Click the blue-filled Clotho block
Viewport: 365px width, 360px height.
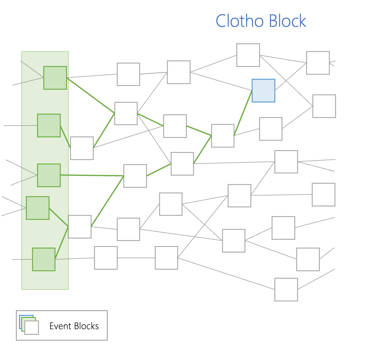pos(263,91)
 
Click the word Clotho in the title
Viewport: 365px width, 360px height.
pos(239,21)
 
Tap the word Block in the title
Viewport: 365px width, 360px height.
pos(287,21)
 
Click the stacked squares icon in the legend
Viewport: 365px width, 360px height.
pos(29,325)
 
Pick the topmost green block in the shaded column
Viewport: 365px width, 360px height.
pos(55,78)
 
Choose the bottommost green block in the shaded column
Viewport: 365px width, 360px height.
pos(44,259)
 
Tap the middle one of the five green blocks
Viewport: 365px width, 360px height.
pos(49,175)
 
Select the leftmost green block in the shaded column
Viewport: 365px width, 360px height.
pos(38,208)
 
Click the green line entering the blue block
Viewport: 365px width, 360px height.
pos(243,113)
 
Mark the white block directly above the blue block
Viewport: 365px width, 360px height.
pos(248,55)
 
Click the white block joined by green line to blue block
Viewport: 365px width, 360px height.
pos(223,136)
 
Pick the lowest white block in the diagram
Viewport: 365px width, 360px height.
pos(286,290)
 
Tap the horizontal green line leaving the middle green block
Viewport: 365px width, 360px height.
pos(92,175)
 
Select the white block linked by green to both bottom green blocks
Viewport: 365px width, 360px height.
pos(80,227)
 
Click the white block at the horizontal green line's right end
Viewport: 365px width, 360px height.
pos(135,176)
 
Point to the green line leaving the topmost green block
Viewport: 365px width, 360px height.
pos(91,95)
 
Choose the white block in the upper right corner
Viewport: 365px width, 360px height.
pos(318,63)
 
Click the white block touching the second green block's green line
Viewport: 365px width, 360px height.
pos(82,148)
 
